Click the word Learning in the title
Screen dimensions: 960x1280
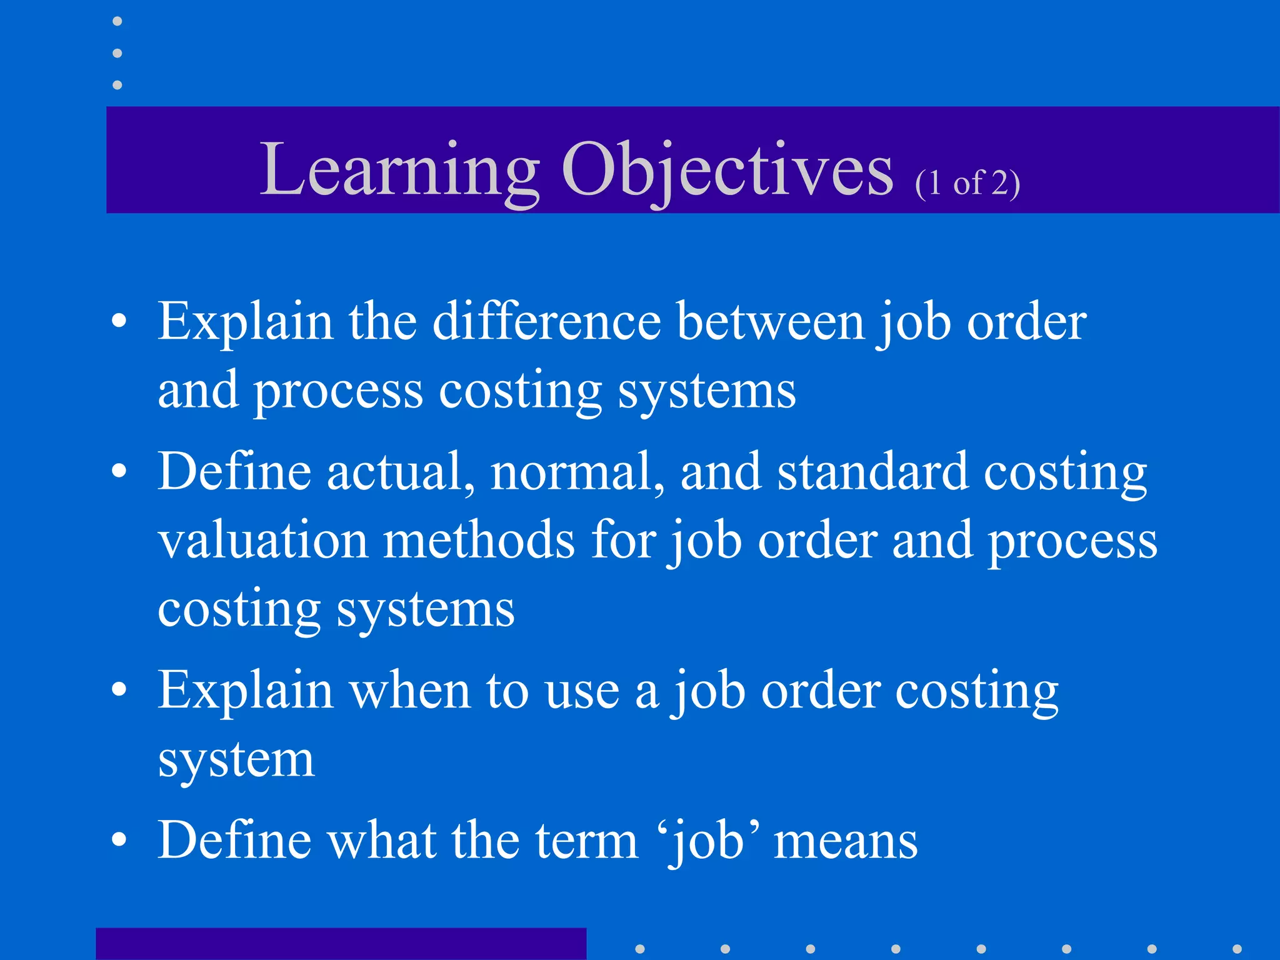tap(399, 170)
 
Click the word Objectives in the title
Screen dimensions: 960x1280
tap(727, 170)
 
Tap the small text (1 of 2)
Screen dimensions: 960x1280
tap(967, 184)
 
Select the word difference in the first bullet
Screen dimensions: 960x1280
tap(547, 322)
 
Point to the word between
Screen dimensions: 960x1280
tap(771, 322)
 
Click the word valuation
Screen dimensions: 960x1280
tap(262, 541)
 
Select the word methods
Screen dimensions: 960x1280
tap(479, 541)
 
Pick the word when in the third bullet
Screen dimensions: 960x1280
tap(409, 691)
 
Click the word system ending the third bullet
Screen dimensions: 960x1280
tap(236, 760)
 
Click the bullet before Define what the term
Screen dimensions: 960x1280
tap(119, 841)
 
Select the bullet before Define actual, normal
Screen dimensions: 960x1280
tap(119, 472)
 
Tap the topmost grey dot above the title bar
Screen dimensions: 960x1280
tap(117, 21)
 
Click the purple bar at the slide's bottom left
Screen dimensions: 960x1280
tap(341, 944)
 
